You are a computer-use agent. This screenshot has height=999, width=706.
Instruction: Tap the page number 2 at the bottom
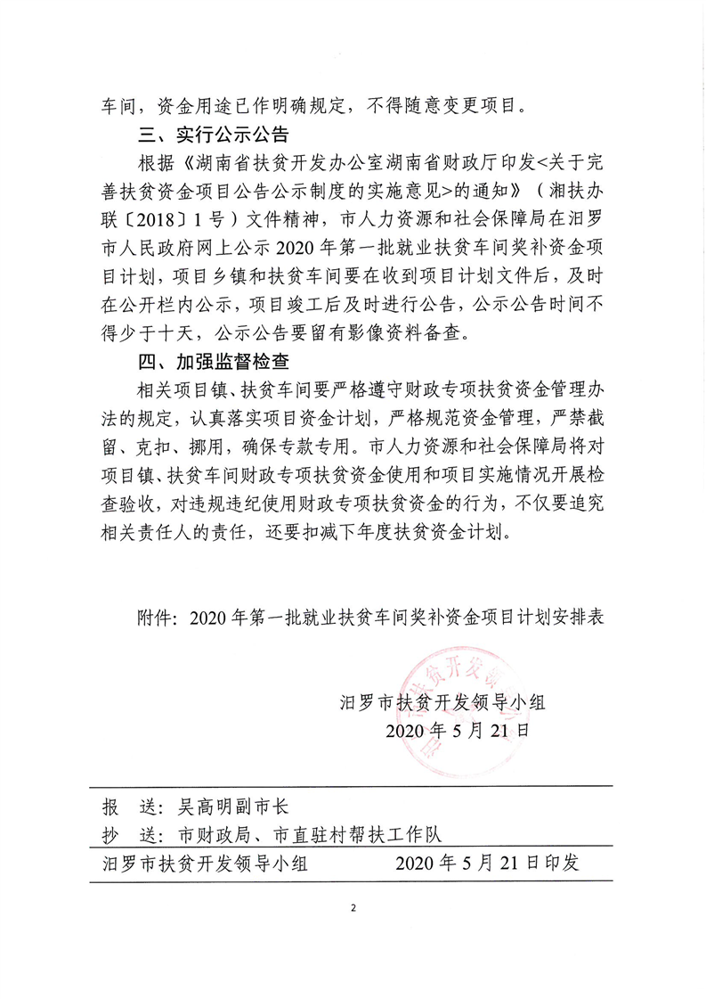353,908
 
